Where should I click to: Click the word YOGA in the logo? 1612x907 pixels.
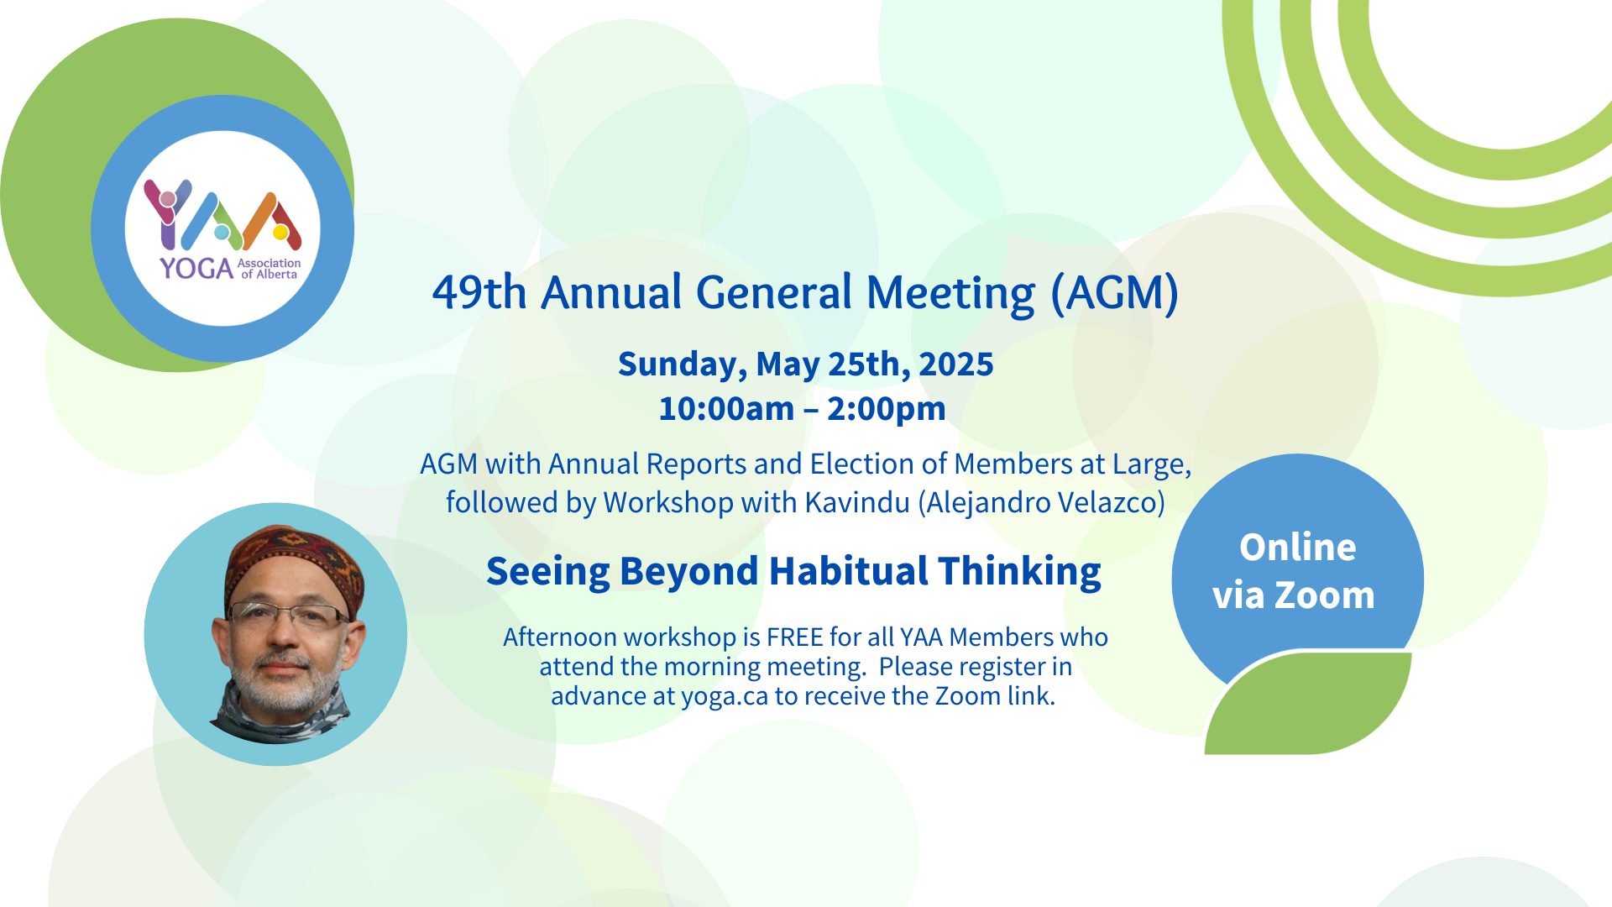tap(196, 269)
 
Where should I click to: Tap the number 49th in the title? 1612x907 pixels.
tap(479, 293)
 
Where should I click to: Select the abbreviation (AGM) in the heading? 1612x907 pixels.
tap(1115, 294)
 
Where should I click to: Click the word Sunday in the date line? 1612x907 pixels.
tap(683, 365)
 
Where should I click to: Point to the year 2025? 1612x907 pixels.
tap(956, 364)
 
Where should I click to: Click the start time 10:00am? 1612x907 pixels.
tap(726, 409)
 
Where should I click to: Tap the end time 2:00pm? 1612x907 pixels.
tap(887, 410)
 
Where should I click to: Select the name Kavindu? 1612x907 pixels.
tap(857, 502)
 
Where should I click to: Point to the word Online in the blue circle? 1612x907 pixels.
tap(1298, 548)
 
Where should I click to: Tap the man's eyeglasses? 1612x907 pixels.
tap(290, 617)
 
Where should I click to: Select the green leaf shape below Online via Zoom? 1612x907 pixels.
tap(1310, 703)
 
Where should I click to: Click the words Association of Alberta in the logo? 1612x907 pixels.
tap(270, 269)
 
